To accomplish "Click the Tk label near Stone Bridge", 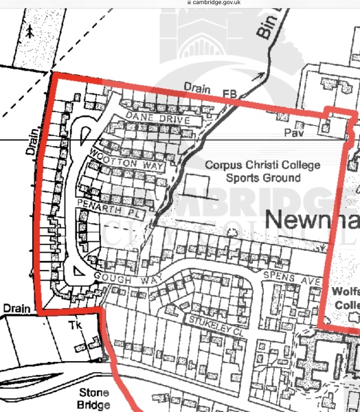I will [75, 325].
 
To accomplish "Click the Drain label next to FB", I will [198, 87].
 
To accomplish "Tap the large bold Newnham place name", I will [312, 220].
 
